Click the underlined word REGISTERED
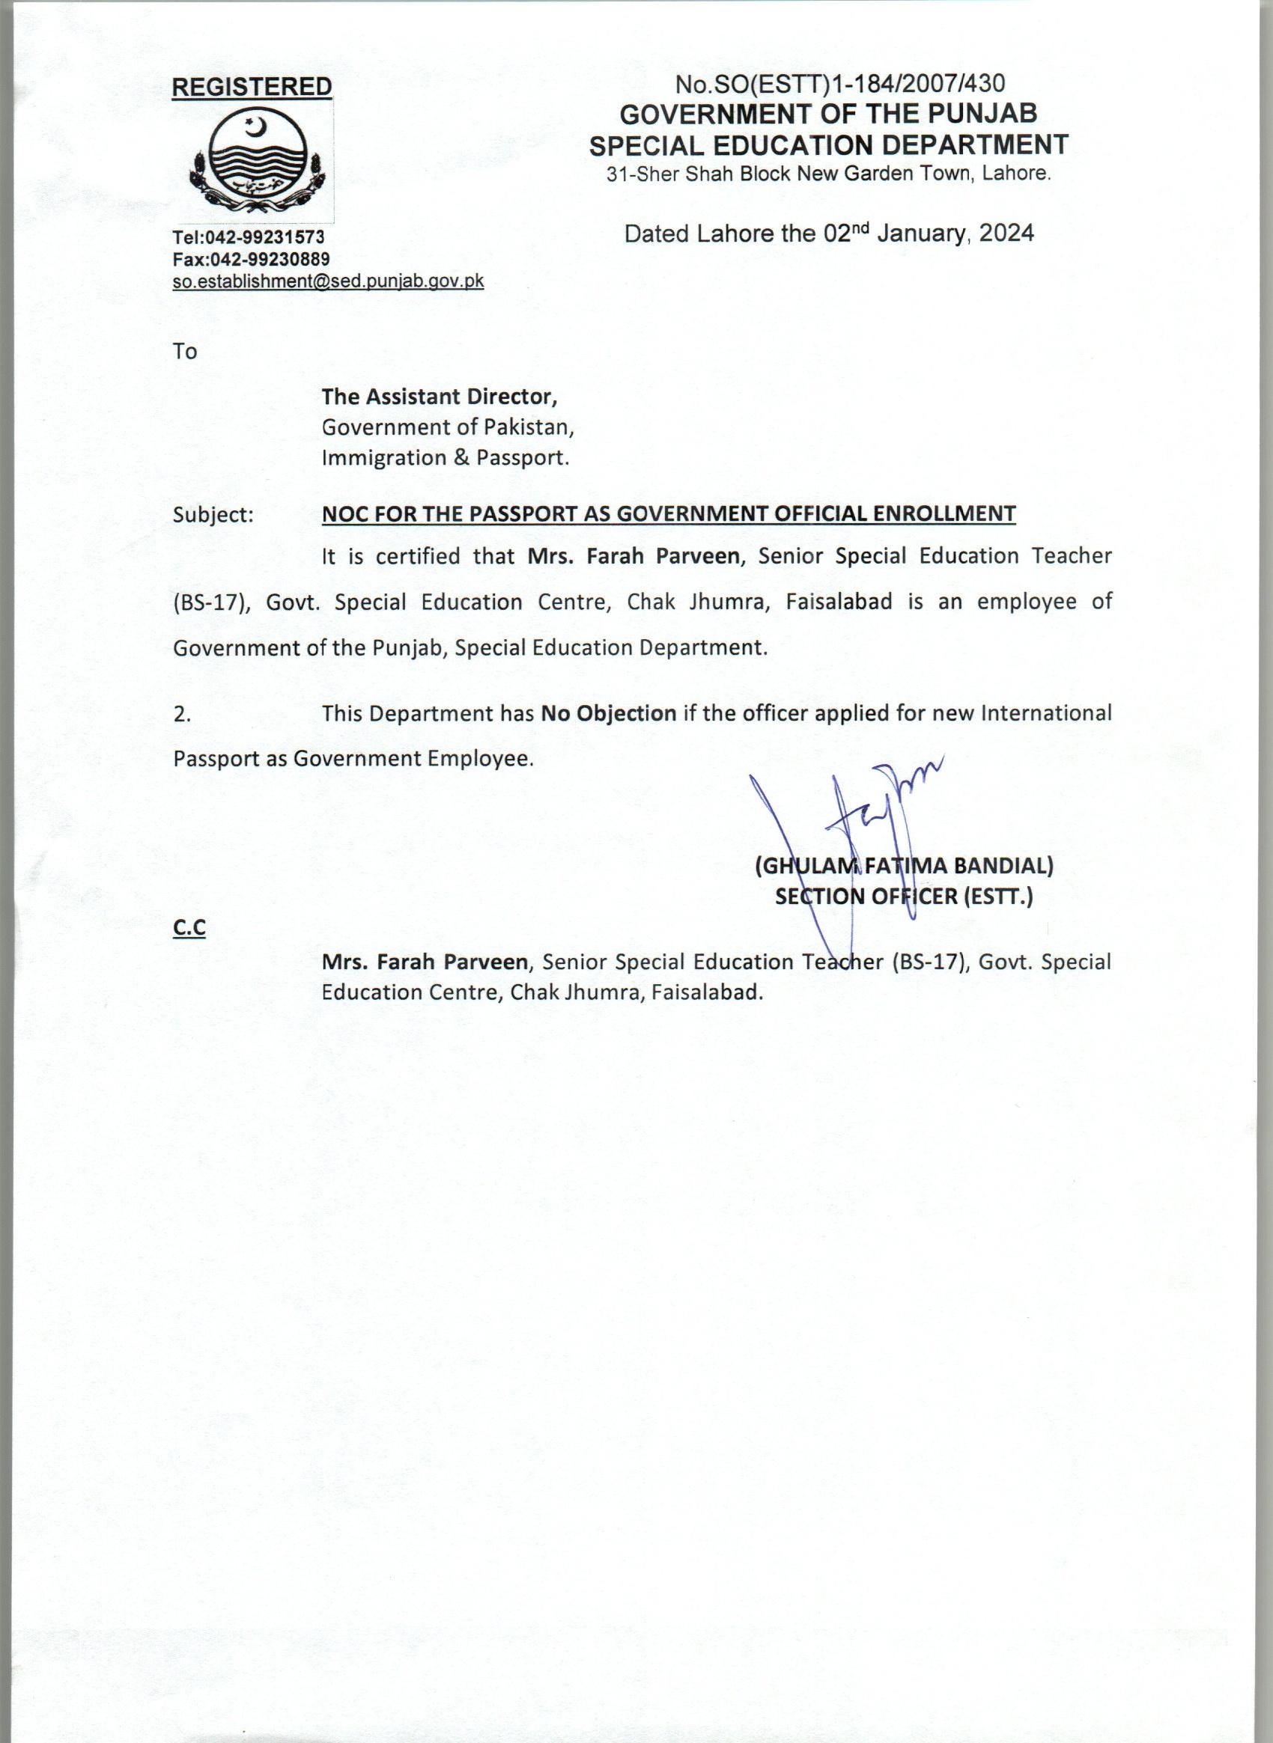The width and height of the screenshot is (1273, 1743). [x=251, y=87]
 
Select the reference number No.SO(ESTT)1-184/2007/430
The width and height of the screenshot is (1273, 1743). [x=840, y=83]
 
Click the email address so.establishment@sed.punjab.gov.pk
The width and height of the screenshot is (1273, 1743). [x=328, y=281]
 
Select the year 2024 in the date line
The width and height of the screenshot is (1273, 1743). [x=1006, y=233]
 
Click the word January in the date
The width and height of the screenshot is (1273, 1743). [x=920, y=233]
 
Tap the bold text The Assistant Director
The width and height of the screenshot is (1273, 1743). [x=440, y=397]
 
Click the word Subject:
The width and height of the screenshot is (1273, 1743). [x=213, y=514]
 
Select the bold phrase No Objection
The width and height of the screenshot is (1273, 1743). [x=608, y=713]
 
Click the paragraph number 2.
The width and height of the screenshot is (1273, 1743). [x=182, y=714]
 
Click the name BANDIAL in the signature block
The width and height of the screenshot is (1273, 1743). [x=1003, y=866]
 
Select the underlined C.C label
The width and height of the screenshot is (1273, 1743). [x=189, y=928]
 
